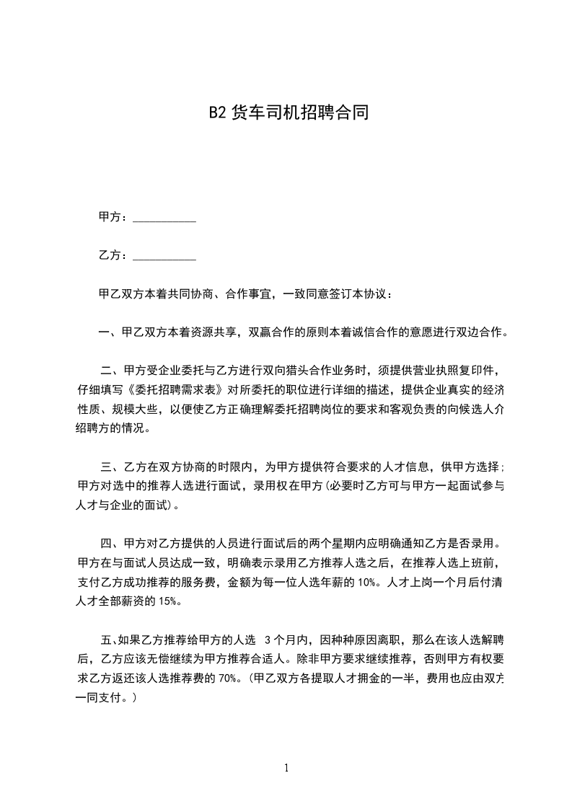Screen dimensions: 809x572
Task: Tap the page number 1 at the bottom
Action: (x=286, y=768)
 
